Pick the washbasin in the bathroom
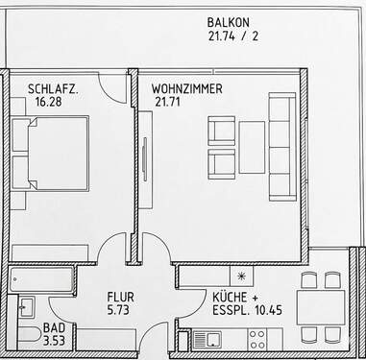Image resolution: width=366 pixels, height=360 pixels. click(x=27, y=307)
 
